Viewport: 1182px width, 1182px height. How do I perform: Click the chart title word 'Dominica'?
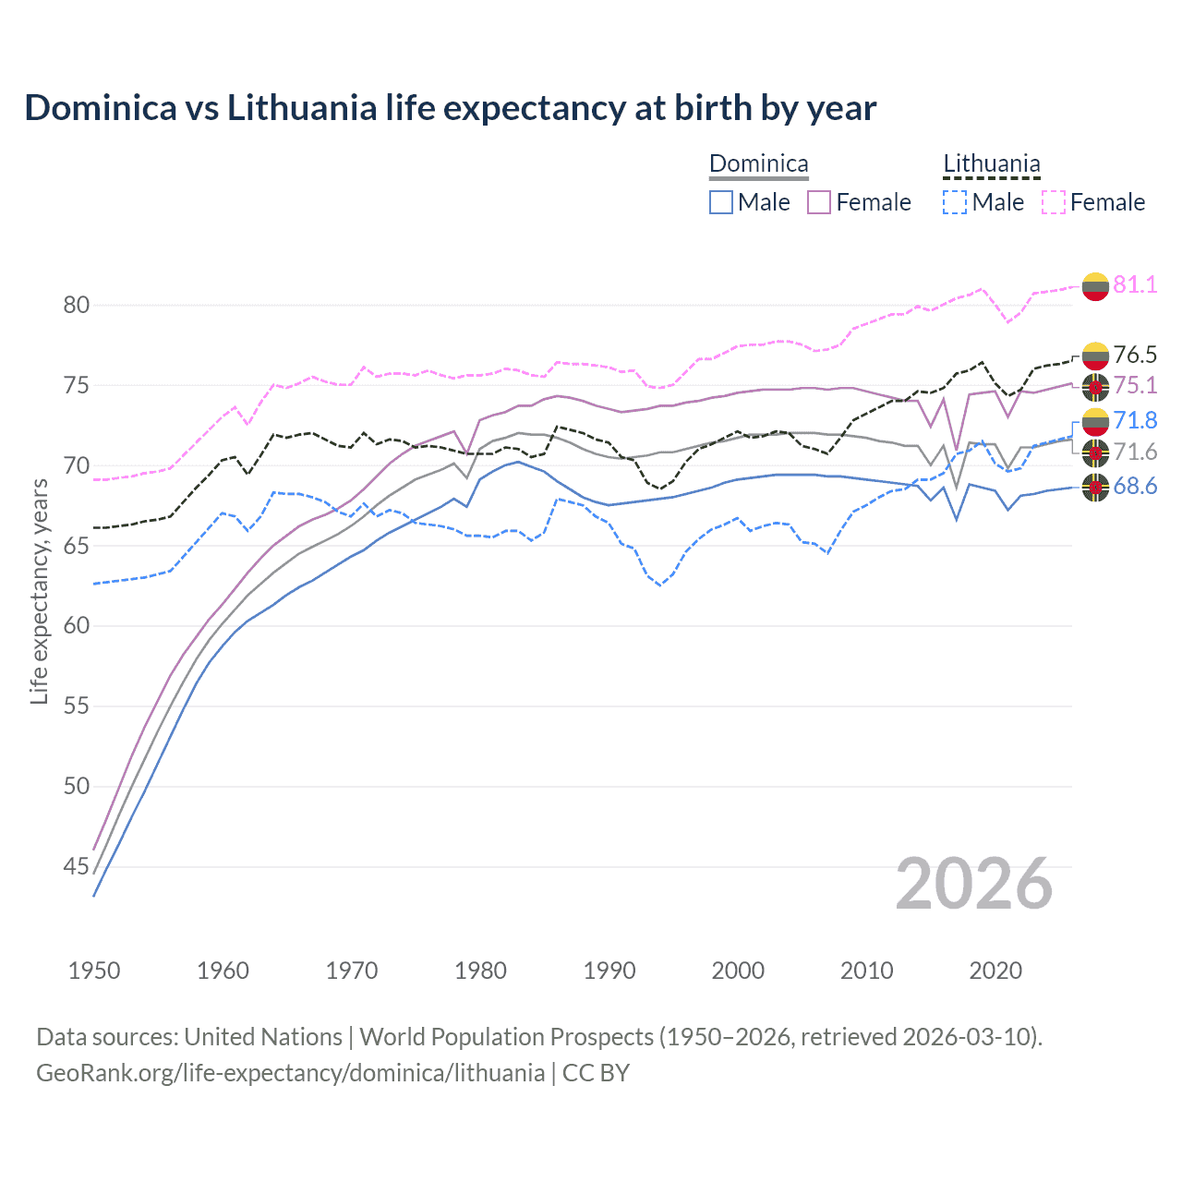pos(101,108)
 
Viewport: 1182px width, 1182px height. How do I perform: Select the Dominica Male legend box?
pos(721,202)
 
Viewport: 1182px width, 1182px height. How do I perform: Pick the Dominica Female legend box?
pos(819,202)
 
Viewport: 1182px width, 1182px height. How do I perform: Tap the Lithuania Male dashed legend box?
pos(955,202)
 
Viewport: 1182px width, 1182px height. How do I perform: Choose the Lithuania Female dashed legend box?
pos(1054,202)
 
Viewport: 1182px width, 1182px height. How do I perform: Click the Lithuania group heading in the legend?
pos(991,164)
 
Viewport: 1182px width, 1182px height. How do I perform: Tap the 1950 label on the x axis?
pos(94,971)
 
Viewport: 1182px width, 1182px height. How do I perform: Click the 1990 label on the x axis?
pos(609,971)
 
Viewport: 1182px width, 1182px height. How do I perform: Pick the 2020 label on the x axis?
pos(995,971)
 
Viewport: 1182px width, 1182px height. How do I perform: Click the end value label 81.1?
pos(1135,284)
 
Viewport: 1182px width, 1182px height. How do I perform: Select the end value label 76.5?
pos(1135,355)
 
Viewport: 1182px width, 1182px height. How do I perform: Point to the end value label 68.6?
pos(1135,487)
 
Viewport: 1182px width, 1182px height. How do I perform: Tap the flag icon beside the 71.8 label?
pos(1095,421)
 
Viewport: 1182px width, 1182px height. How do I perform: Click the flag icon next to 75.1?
pos(1095,386)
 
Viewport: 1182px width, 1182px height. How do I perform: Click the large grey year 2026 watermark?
pos(974,884)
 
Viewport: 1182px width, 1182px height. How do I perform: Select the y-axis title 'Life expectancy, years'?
pos(39,591)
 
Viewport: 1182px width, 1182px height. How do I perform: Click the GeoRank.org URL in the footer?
pos(290,1073)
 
